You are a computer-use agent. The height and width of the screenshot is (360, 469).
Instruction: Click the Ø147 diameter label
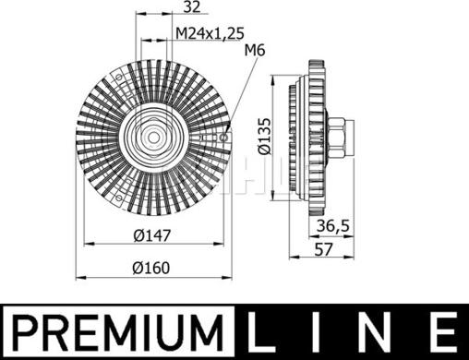(151, 234)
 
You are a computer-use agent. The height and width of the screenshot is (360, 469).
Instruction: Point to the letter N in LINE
(379, 330)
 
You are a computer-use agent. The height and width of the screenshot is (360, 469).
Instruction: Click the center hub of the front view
(151, 137)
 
